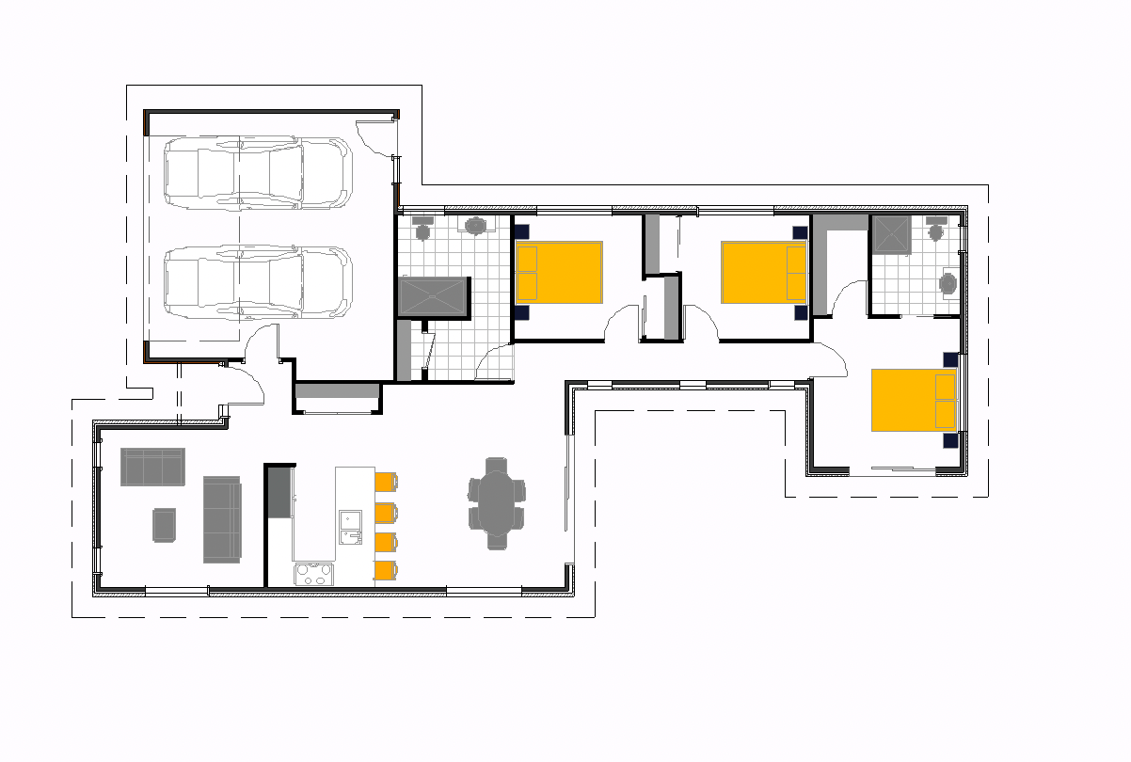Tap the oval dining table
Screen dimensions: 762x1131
(497, 503)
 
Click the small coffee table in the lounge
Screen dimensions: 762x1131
(164, 525)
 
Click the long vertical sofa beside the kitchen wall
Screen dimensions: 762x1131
(222, 519)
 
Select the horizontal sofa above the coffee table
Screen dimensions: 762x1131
(152, 467)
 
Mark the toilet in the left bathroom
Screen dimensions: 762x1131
(422, 228)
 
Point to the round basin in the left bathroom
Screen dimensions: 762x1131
(477, 225)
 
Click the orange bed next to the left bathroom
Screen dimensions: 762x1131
(559, 273)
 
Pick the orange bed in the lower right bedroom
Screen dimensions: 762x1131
(914, 400)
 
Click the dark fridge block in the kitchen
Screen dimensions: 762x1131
(279, 492)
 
